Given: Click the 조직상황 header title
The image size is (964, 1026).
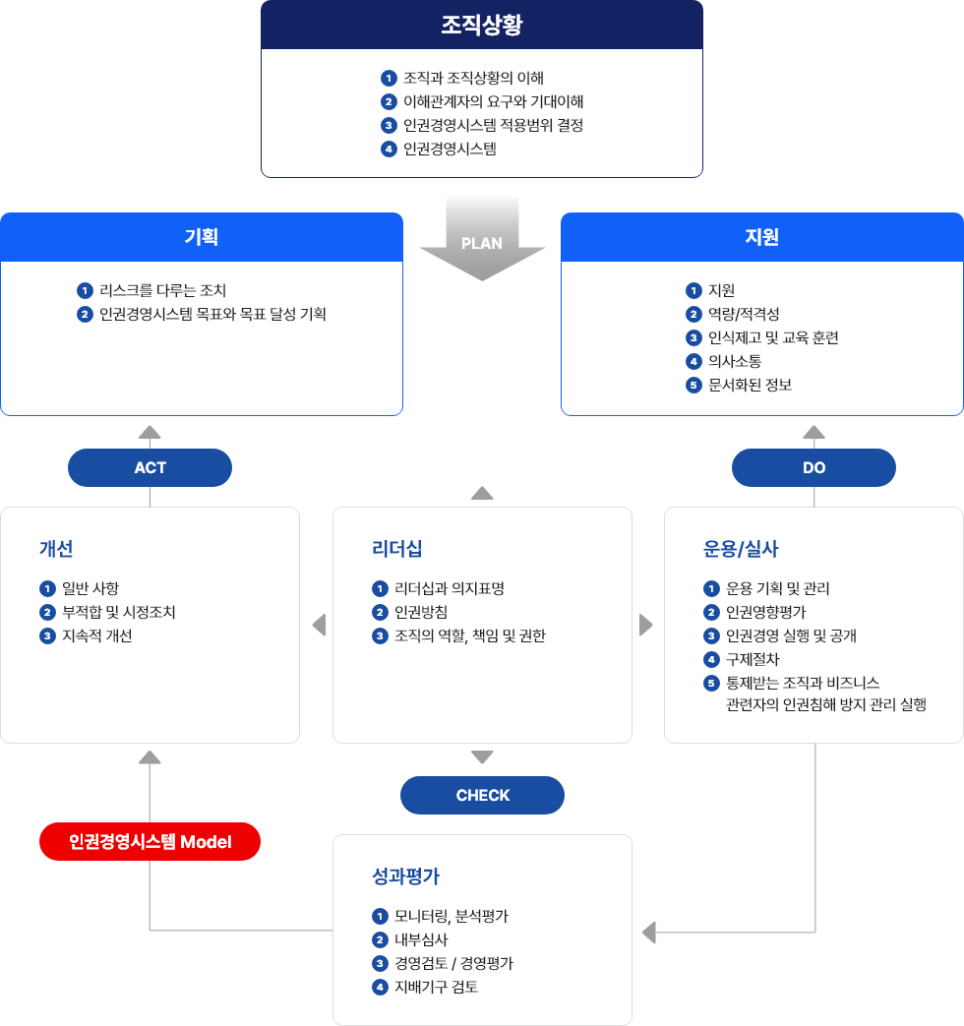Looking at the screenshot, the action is tap(482, 25).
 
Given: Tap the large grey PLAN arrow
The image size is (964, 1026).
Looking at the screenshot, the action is tap(482, 239).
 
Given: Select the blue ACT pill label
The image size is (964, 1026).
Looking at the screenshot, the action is tap(150, 468).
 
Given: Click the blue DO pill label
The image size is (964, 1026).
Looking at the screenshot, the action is tap(813, 468).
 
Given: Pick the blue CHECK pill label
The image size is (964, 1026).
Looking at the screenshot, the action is tap(482, 795).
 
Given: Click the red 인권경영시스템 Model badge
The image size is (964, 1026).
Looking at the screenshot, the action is tap(150, 841).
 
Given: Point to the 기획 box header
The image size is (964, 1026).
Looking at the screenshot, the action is tap(202, 237).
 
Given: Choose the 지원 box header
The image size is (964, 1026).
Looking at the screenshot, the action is tap(761, 237).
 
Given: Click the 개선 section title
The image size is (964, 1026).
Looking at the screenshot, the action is tap(56, 548).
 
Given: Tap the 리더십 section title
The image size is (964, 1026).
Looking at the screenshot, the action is tap(397, 548).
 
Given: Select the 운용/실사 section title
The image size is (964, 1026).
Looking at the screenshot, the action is tap(741, 548).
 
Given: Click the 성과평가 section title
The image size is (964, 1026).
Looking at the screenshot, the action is tap(405, 876).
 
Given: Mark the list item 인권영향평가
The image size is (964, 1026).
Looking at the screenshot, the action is tap(765, 613).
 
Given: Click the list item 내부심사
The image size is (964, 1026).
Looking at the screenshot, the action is tap(421, 939).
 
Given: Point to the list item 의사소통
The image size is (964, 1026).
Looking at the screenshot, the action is tap(735, 361).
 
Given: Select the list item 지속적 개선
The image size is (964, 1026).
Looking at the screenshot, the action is tap(96, 636).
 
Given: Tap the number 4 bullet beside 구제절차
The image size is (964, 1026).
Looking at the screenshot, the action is tap(711, 659).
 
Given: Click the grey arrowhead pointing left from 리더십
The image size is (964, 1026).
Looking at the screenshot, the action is tap(320, 625).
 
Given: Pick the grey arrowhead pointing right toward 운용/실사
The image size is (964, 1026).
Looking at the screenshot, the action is tap(646, 625).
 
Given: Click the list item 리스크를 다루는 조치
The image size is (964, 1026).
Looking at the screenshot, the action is tap(163, 290).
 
